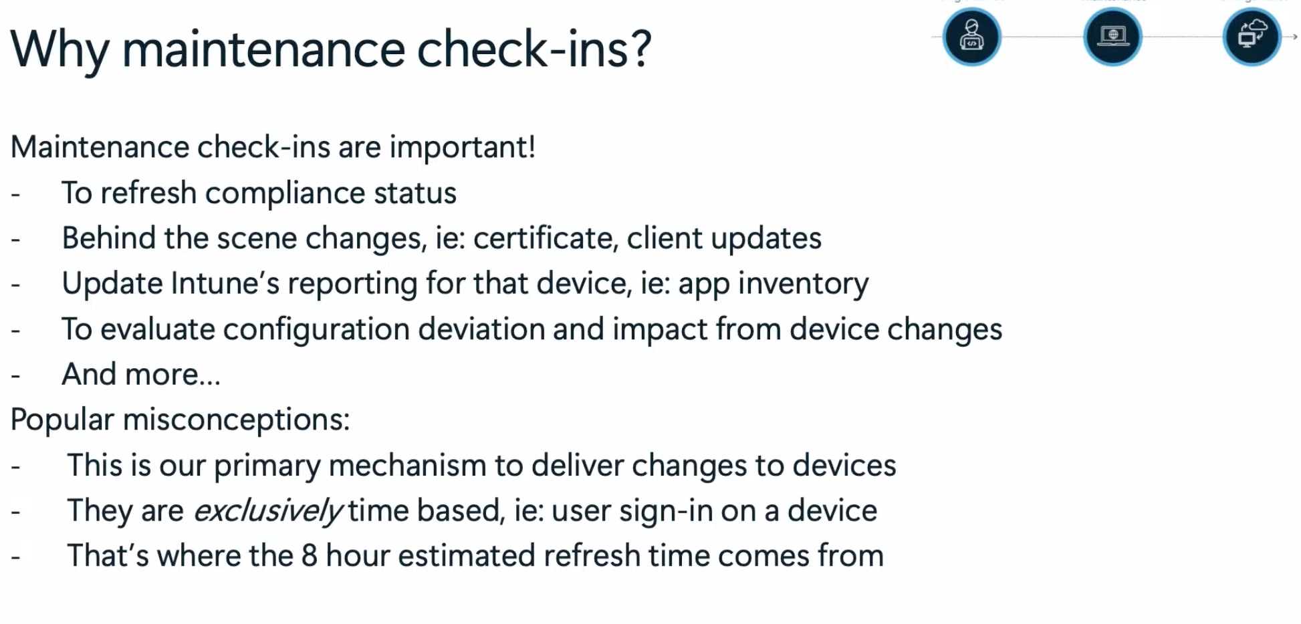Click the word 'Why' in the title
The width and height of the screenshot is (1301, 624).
click(60, 50)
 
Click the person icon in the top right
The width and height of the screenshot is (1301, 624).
click(971, 37)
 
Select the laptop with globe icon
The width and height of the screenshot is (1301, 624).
click(1112, 37)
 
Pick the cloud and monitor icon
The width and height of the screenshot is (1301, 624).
click(1252, 37)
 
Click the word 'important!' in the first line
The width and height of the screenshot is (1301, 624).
click(462, 148)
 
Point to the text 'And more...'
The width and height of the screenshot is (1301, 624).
click(141, 375)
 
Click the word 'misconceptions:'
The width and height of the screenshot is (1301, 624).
click(236, 420)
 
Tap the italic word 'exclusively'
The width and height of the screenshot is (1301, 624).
click(268, 511)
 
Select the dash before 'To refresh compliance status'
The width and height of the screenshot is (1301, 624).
click(16, 194)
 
